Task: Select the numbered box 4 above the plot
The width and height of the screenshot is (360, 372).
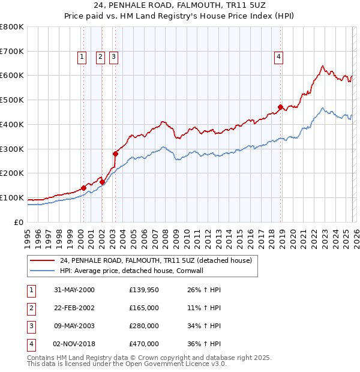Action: (279, 57)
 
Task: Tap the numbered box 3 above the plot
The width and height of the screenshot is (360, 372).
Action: (113, 57)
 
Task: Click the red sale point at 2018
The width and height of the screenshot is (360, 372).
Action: (280, 107)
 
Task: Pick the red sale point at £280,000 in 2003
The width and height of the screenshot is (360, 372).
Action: (115, 154)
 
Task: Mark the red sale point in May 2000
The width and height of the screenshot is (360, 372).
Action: (83, 188)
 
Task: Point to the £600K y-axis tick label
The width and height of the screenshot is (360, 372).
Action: (12, 76)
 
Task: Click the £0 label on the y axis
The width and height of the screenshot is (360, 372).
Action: (18, 222)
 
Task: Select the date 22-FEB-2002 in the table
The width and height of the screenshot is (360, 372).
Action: (74, 307)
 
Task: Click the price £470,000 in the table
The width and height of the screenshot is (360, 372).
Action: (144, 344)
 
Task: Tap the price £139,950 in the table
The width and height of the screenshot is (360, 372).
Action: (144, 289)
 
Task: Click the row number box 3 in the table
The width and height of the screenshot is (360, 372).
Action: (31, 326)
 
